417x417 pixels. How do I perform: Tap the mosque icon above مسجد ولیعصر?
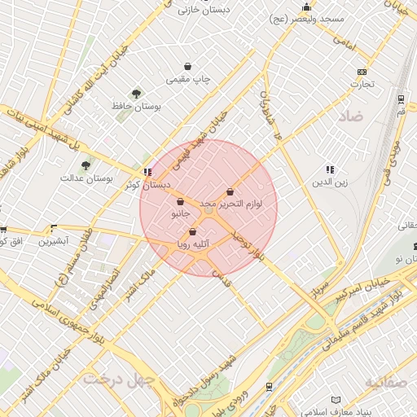[306, 7]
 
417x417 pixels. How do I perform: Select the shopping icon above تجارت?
[362, 71]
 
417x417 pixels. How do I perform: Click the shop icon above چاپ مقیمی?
[188, 67]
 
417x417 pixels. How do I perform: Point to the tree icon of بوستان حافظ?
[135, 94]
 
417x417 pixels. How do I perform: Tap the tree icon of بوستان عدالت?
[86, 166]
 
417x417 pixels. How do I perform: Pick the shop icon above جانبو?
[179, 202]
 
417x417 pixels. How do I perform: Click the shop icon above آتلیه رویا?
[192, 231]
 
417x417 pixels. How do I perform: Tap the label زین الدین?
[330, 182]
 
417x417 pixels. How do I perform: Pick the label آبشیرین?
[64, 242]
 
